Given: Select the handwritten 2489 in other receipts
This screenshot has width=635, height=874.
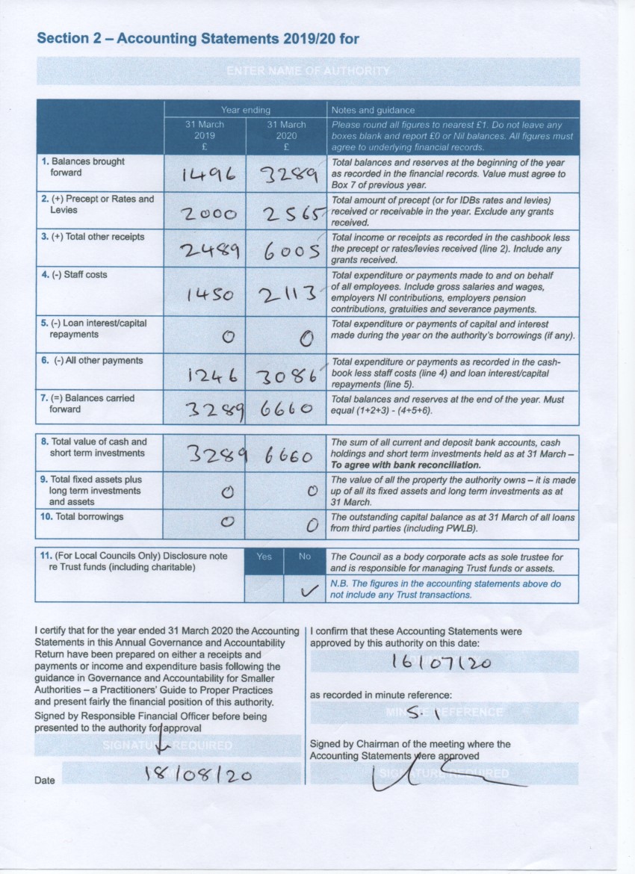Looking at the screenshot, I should (209, 251).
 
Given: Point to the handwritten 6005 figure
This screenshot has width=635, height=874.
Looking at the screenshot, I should (292, 252).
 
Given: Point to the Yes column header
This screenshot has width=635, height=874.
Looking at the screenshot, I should (264, 557).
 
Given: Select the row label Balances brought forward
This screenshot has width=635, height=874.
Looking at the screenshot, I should (83, 167).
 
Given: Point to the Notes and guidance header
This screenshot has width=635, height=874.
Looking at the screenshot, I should (373, 110).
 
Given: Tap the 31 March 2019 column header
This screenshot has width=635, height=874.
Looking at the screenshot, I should (204, 130).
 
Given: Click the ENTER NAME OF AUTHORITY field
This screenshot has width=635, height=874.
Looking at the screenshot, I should (308, 71).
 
